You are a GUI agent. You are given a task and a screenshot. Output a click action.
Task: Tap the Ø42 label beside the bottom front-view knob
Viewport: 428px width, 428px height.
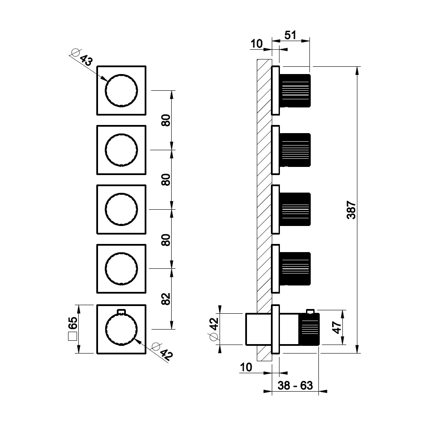tap(162, 351)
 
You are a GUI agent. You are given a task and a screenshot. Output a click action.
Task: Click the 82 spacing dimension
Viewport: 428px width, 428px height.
tap(166, 298)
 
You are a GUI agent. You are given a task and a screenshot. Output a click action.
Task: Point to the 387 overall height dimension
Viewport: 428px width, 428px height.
tap(351, 210)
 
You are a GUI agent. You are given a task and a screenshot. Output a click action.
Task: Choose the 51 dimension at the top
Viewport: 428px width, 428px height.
tap(291, 36)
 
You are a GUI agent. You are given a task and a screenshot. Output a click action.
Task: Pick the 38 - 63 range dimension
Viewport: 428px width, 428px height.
tap(294, 385)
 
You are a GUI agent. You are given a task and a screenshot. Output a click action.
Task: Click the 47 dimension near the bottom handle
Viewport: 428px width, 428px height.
tap(337, 328)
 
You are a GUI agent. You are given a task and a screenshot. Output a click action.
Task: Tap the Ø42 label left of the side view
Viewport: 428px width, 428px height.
tap(213, 329)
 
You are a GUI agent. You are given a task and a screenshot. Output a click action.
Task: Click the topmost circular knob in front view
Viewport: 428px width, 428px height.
tap(122, 90)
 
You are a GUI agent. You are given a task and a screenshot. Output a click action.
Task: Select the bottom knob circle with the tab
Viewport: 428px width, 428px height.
tap(122, 329)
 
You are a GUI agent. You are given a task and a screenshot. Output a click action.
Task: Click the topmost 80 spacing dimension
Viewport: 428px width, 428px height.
tap(166, 120)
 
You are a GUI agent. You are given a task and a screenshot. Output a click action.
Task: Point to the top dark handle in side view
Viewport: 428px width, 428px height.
tap(295, 90)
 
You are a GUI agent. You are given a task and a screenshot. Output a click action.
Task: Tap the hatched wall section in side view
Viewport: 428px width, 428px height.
tap(264, 193)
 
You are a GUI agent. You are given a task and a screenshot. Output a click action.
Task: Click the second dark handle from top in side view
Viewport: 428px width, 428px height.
tap(295, 150)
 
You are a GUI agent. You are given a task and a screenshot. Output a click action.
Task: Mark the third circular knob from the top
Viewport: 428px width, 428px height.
tap(122, 210)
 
